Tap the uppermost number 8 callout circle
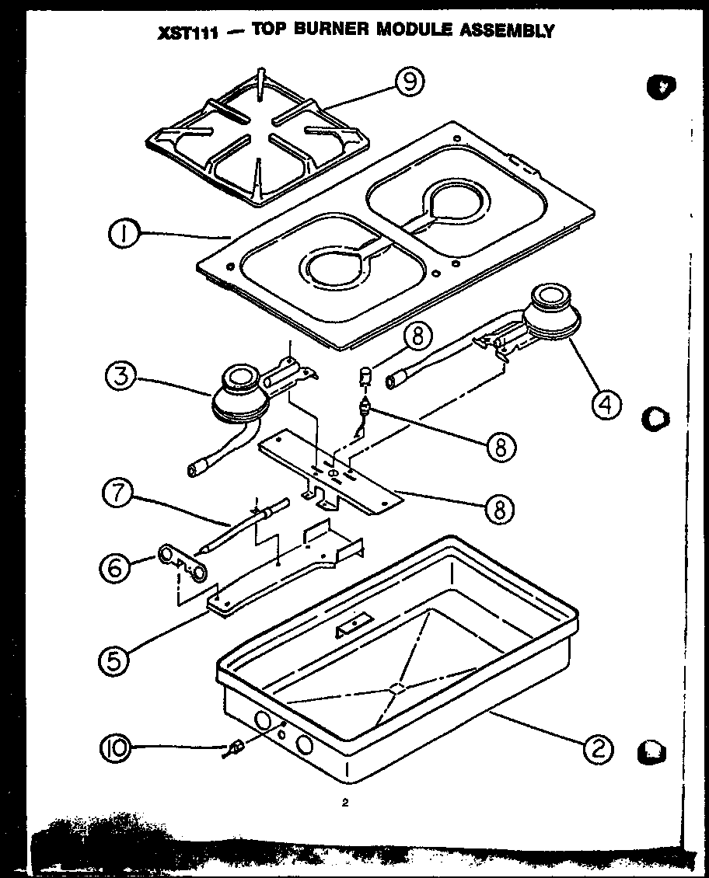(x=418, y=336)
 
